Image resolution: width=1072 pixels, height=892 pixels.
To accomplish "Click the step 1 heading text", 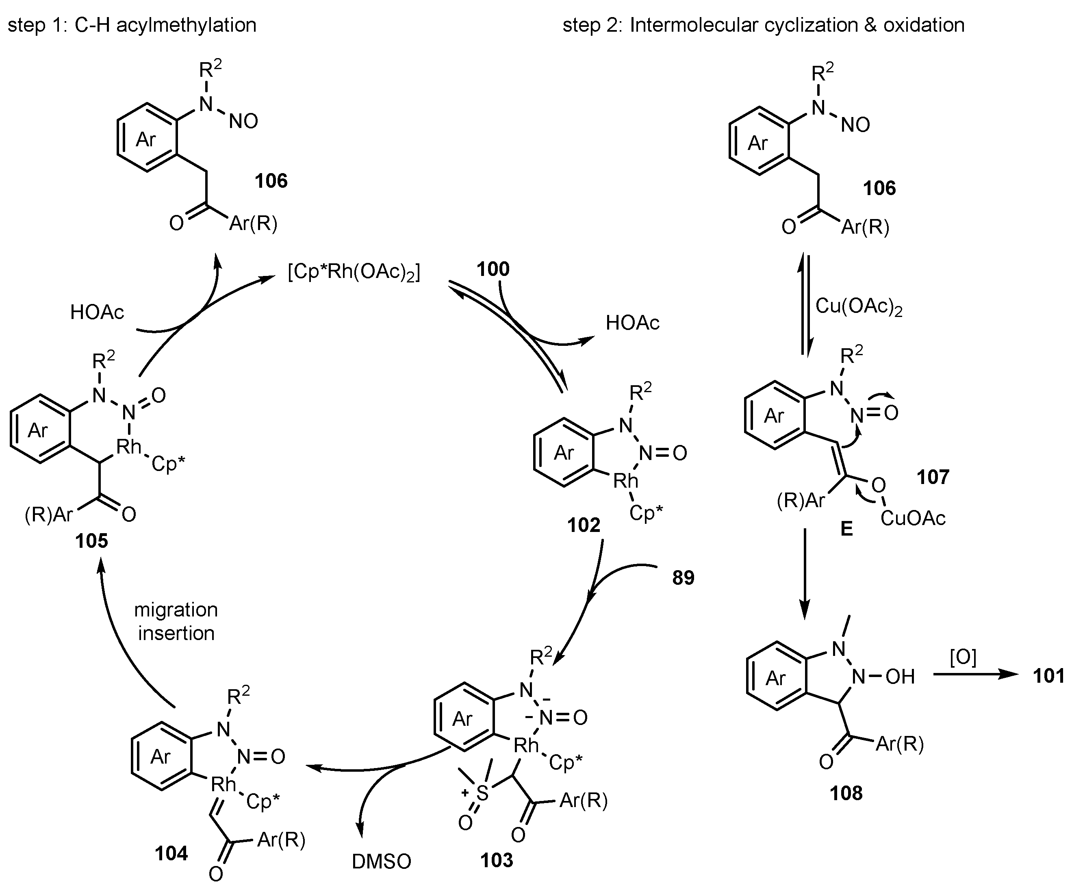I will click(132, 24).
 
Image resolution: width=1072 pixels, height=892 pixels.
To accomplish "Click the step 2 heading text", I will click(763, 24).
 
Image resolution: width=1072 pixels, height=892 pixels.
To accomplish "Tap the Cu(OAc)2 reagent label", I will click(859, 306).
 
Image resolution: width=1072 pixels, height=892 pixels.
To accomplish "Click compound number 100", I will click(493, 269).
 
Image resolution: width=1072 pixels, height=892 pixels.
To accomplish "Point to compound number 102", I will click(584, 525).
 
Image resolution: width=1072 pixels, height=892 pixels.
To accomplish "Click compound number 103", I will click(496, 860).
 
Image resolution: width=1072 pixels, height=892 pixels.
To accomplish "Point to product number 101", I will click(1048, 675).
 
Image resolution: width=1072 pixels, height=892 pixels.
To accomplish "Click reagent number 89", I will click(683, 577).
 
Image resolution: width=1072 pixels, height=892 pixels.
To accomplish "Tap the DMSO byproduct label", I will click(381, 862).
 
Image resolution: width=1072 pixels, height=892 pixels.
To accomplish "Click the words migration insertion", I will click(176, 621).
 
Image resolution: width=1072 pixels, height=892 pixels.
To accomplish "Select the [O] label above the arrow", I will click(963, 657).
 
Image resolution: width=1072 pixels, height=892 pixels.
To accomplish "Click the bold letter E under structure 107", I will click(846, 528).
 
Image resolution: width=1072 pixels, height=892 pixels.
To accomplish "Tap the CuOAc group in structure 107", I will click(913, 518).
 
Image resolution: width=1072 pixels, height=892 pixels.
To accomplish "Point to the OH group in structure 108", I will click(900, 677).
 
